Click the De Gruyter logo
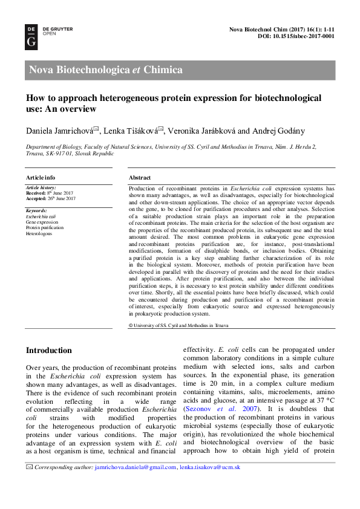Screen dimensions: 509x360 coord(31,36)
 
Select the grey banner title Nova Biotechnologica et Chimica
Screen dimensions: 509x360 coord(106,70)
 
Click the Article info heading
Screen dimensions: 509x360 coord(41,178)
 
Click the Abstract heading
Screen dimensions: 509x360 coord(140,178)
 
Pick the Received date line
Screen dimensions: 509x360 coord(50,193)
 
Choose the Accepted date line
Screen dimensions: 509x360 coord(50,198)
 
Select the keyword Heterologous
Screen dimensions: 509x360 coord(39,233)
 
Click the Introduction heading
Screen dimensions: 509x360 coord(48,351)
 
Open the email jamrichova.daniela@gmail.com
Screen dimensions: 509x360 coord(136,467)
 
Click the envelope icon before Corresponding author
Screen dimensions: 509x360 coord(29,467)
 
